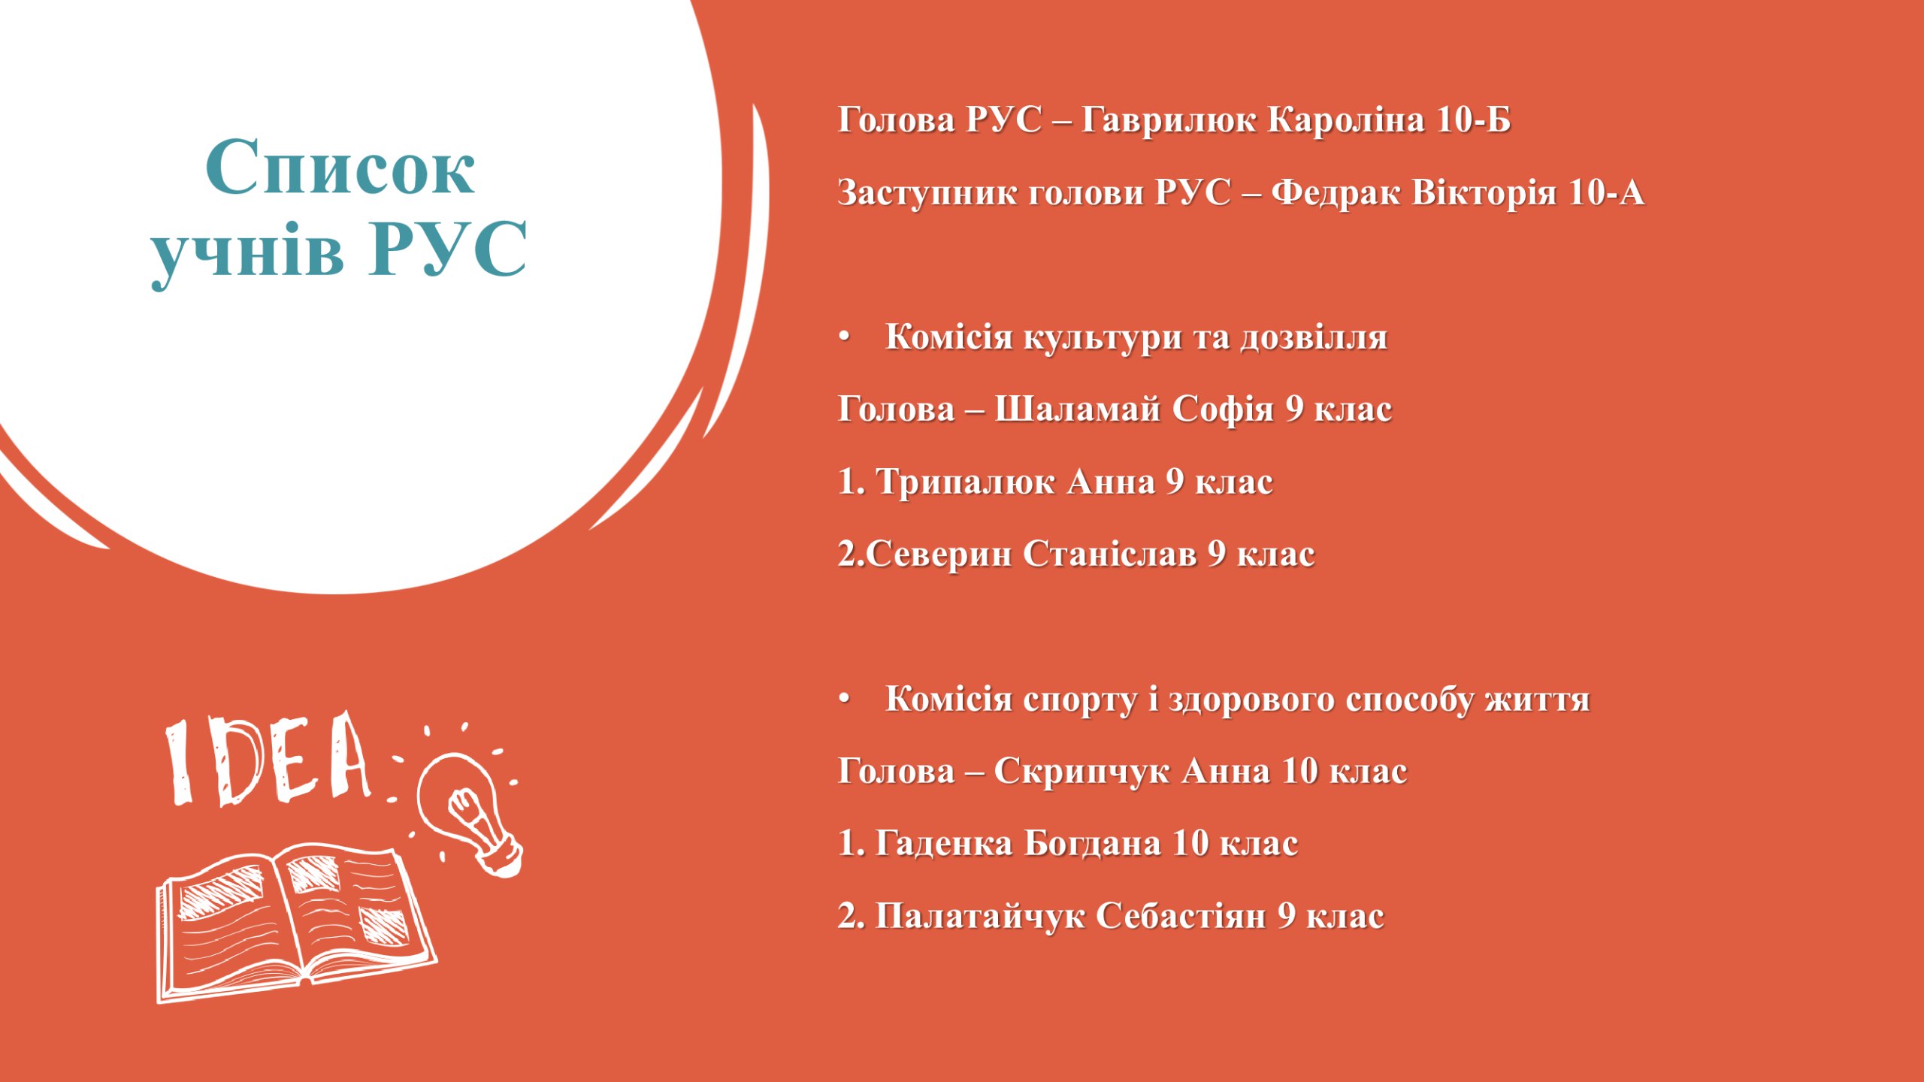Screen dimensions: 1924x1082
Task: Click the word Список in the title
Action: (340, 167)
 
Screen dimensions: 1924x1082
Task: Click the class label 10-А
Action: (1606, 192)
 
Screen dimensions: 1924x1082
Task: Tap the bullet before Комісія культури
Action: (845, 337)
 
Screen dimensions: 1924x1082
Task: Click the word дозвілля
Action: (1314, 337)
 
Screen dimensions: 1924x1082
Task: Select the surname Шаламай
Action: (1078, 410)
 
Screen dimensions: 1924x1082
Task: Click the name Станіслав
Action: (1109, 555)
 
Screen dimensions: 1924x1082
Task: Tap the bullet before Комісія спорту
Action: (845, 699)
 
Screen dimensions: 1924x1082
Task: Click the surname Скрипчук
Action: (1081, 772)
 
